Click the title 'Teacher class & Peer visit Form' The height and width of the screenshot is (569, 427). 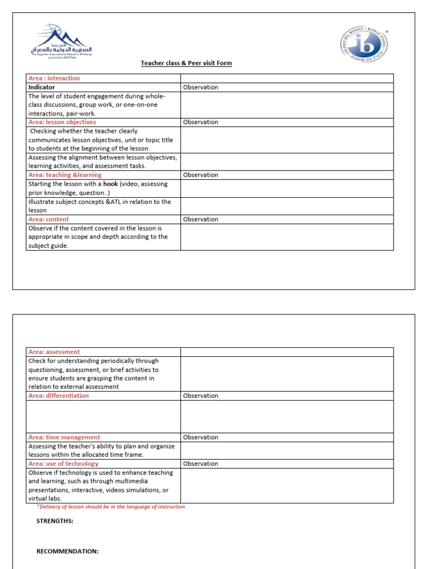click(x=186, y=63)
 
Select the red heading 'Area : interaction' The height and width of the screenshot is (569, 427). click(x=54, y=78)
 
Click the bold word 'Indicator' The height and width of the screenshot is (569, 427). click(x=42, y=87)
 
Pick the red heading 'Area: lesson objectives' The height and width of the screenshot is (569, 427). click(x=62, y=122)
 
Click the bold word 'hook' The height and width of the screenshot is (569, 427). click(x=111, y=184)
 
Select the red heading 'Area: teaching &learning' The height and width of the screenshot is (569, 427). click(x=65, y=175)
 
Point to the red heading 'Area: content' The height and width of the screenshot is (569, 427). click(x=48, y=219)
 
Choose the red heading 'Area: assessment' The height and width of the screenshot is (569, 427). click(x=54, y=352)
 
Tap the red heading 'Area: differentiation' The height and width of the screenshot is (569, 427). click(x=58, y=396)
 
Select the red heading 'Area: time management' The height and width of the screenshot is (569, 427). click(x=64, y=437)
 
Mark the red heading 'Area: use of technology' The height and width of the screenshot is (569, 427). click(x=63, y=463)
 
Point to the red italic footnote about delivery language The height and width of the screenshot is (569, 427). click(x=111, y=507)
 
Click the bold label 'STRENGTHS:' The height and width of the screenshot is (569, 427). click(x=54, y=521)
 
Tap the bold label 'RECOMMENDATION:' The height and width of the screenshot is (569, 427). click(x=67, y=551)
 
